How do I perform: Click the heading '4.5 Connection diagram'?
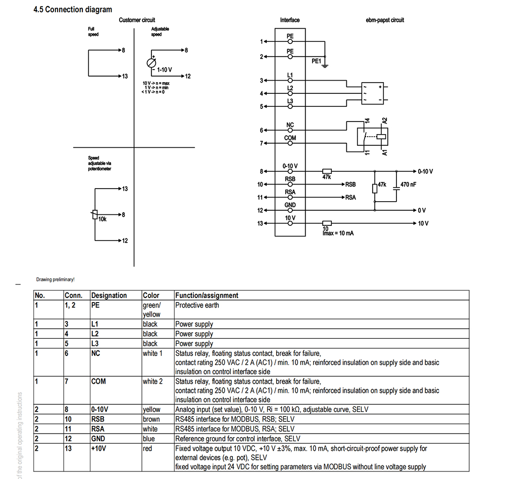[73, 10]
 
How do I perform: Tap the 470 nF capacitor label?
[408, 185]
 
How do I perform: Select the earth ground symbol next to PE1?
[325, 65]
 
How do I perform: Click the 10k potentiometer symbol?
[95, 214]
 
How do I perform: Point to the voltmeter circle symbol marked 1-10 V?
[151, 63]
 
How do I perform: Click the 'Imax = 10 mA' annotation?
[338, 233]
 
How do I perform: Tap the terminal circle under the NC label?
[290, 130]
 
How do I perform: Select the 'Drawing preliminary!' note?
[56, 279]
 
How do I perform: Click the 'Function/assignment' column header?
[207, 295]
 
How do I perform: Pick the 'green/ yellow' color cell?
[151, 310]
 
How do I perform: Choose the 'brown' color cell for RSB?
[151, 419]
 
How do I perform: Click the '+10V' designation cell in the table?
[98, 448]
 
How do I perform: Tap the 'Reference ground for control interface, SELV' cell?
[238, 439]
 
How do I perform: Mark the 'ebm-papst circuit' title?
[385, 20]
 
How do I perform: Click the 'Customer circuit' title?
[137, 20]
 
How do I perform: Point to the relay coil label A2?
[384, 121]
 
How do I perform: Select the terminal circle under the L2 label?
[290, 94]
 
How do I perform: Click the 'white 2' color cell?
[153, 382]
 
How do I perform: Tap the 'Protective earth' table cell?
[197, 306]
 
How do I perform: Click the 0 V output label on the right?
[422, 211]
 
